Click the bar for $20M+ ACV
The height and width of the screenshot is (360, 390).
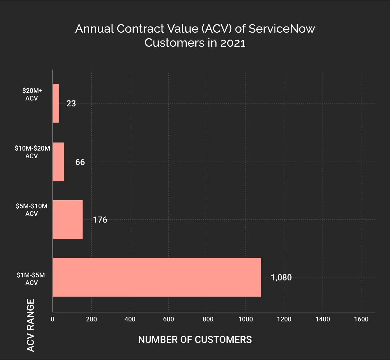pos(55,103)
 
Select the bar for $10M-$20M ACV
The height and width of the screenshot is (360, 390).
pos(58,162)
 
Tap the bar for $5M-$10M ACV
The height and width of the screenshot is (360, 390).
pos(67,219)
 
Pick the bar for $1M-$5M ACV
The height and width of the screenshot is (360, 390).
pos(157,277)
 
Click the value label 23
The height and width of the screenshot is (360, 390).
pos(71,104)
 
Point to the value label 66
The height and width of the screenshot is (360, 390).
pos(80,162)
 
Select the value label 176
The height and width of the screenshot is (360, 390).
pos(100,220)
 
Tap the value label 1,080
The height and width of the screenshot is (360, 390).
pos(281,278)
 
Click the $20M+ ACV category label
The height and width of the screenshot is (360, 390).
pos(32,94)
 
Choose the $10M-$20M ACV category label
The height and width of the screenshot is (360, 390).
pos(32,152)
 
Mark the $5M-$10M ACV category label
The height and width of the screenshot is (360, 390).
pos(32,210)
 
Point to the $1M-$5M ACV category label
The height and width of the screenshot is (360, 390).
pos(31,279)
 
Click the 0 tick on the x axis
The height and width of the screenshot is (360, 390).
pos(53,319)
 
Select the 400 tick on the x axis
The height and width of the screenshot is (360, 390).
pos(130,319)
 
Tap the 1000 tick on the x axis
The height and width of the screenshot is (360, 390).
pos(246,319)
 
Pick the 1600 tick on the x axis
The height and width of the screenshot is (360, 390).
pos(361,319)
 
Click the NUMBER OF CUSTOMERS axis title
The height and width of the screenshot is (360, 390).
pos(195,340)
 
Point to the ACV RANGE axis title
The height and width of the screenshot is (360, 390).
pos(30,325)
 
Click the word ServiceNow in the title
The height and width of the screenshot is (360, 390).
pos(282,29)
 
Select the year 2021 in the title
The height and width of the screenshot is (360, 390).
pos(233,43)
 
